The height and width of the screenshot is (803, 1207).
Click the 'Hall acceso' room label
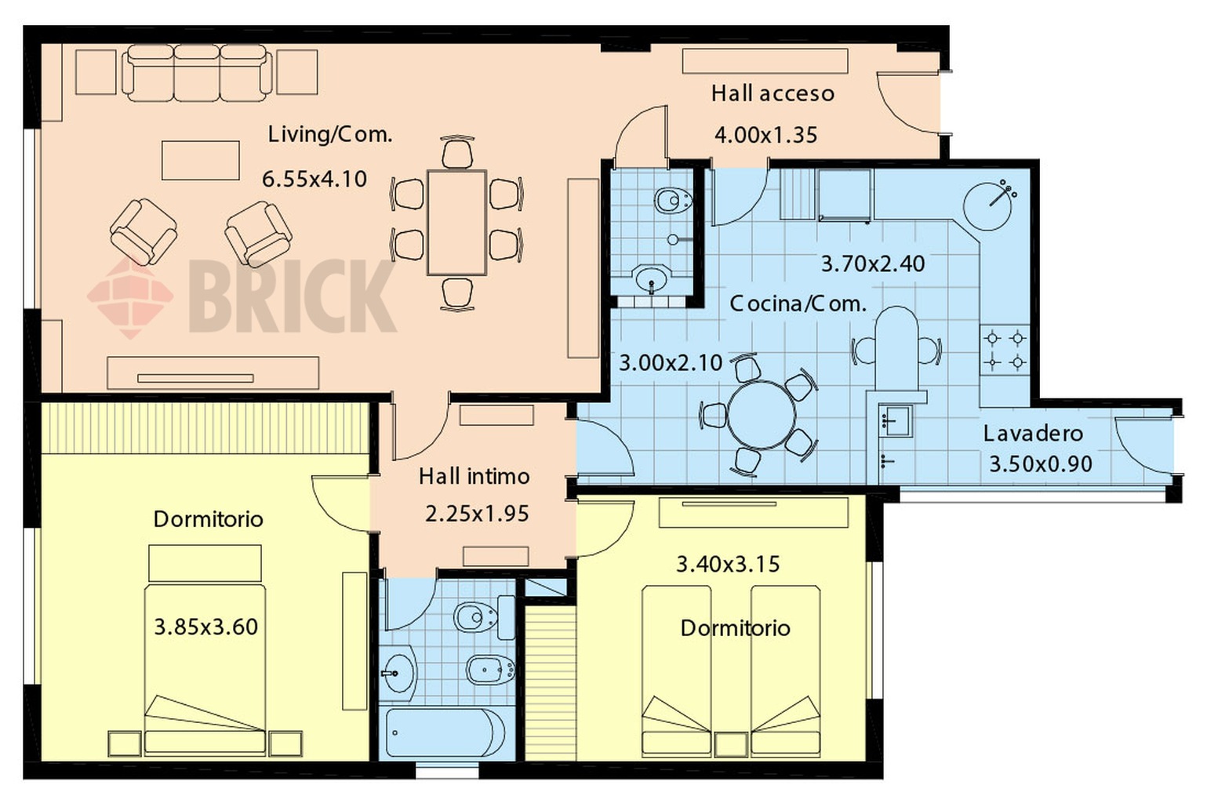point(773,93)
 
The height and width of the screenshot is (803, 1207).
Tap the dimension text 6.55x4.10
point(314,179)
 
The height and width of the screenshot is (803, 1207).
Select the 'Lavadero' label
point(1033,434)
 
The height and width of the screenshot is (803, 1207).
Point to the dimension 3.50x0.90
point(1041,464)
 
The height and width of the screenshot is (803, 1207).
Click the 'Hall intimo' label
point(474,477)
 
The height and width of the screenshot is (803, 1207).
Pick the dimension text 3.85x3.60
point(205,627)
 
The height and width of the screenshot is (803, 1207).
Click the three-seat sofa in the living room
point(197,73)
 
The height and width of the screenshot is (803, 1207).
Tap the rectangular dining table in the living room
point(457,223)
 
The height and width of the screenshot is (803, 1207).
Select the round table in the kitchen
point(762,415)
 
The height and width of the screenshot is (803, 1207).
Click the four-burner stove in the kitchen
point(1005,351)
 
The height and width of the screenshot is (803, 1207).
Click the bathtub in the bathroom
point(446,733)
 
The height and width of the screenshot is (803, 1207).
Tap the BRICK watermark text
point(292,296)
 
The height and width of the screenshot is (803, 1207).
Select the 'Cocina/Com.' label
point(798,304)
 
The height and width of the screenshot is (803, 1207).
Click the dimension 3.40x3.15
point(728,565)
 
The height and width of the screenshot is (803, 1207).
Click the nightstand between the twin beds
point(731,744)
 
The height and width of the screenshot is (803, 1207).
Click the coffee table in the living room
point(201,160)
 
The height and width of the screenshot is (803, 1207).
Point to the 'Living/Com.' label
point(330,134)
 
